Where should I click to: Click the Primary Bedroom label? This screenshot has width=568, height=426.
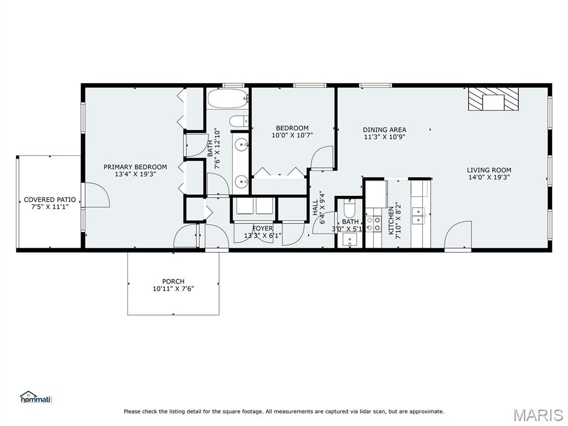pos(135,166)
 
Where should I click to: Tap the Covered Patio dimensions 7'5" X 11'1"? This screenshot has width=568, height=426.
pos(50,207)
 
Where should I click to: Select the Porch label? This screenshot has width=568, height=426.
pos(173,281)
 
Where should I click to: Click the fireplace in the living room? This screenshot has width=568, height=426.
pos(493,100)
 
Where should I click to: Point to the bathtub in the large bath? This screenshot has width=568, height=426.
pos(227,99)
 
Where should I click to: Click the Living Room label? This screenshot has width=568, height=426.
pos(489,170)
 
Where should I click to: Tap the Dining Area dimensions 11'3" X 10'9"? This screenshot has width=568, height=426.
pos(384,137)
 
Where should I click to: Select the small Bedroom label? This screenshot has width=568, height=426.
pos(292,128)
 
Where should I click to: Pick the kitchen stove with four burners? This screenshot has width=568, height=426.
pos(374,223)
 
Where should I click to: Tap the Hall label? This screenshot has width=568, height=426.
pos(316,207)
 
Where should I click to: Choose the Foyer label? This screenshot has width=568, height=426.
pos(262,228)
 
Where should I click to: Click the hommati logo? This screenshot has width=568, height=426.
pos(35,397)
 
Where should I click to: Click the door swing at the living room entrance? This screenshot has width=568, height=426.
pos(457,235)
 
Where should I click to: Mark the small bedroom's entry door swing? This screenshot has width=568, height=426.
pos(322,158)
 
